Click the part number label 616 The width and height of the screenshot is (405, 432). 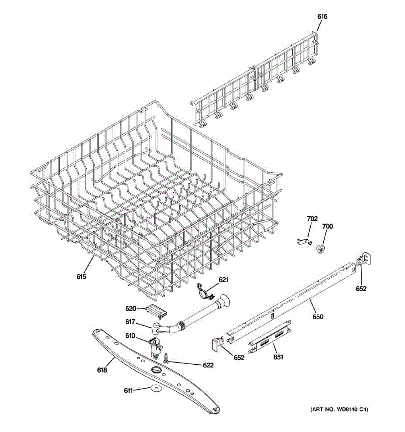322,16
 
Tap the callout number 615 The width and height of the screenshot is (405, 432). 81,276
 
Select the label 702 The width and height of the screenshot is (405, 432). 312,219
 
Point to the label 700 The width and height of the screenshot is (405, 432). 328,226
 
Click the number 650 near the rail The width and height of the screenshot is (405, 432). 318,317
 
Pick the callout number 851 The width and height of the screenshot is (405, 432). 278,357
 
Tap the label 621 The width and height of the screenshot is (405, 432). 224,279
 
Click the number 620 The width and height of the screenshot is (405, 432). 130,308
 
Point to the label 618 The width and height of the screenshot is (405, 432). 102,370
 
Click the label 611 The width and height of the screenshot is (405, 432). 129,390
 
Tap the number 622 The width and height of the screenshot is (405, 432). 208,365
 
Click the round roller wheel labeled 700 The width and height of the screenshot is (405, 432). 320,249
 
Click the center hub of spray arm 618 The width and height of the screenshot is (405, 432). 155,370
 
